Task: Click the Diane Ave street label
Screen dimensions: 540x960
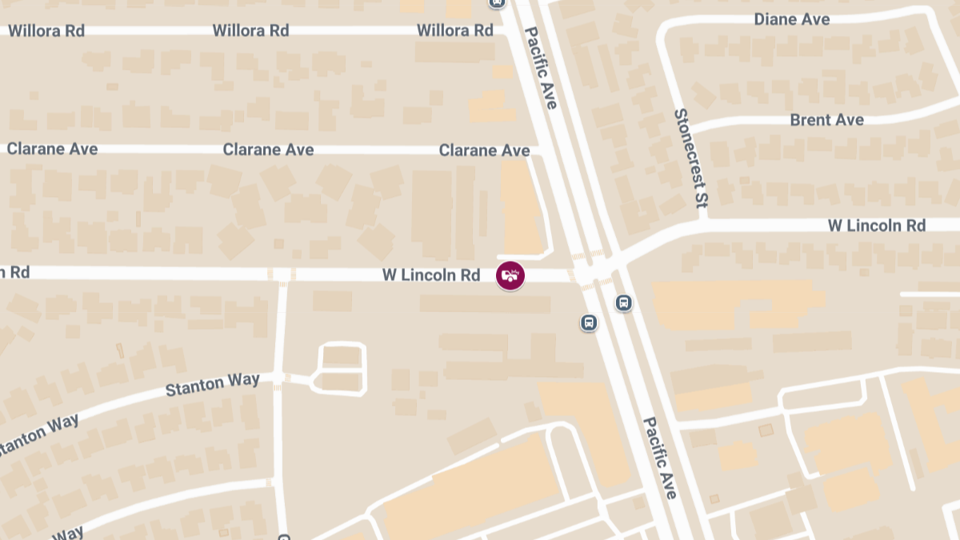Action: [x=792, y=19]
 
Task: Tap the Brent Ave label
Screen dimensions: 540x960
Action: [x=826, y=120]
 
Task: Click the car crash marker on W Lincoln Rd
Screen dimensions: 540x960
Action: [x=510, y=276]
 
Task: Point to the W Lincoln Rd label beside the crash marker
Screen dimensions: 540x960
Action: [x=431, y=275]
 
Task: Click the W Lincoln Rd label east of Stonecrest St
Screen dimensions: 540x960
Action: [x=876, y=226]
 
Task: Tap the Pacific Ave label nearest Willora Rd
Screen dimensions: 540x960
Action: [x=541, y=67]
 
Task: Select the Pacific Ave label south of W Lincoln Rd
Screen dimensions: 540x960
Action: [x=661, y=457]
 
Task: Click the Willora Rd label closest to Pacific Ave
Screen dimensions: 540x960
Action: [x=455, y=30]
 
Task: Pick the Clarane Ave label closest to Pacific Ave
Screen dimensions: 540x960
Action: [x=484, y=150]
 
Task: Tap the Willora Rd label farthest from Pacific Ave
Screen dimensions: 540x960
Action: [x=46, y=31]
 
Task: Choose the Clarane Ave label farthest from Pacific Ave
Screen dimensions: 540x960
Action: [x=52, y=149]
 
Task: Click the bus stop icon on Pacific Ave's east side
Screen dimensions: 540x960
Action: [x=623, y=303]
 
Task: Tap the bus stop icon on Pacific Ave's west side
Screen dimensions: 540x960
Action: [x=589, y=322]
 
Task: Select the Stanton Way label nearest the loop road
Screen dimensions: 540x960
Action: [x=212, y=385]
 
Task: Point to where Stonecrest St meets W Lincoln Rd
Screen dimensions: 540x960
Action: [x=702, y=220]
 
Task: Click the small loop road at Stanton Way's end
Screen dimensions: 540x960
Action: [x=342, y=369]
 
